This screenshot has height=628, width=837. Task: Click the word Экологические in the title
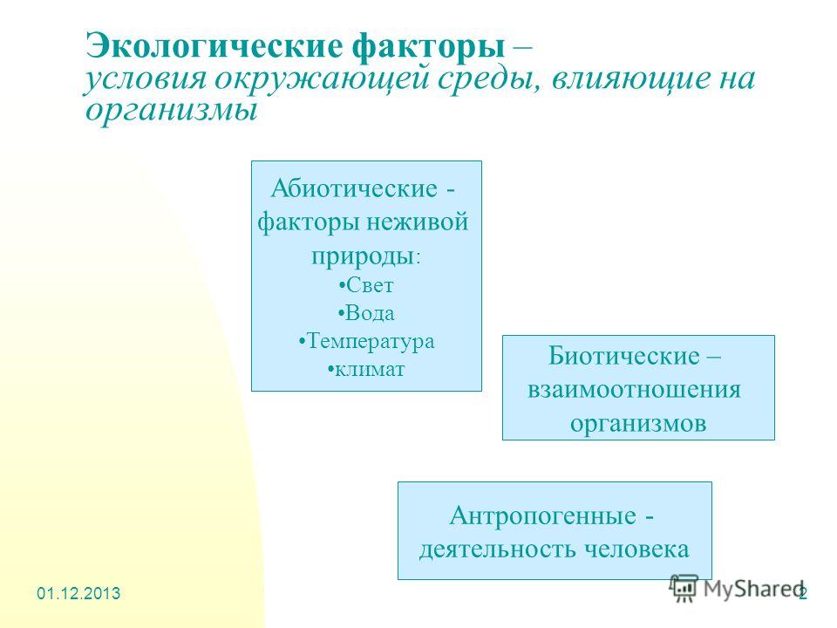click(214, 47)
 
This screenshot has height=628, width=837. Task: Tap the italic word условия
click(145, 78)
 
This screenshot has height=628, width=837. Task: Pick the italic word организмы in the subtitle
click(172, 110)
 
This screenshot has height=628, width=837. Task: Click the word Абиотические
click(354, 188)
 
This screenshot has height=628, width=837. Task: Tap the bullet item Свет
click(366, 284)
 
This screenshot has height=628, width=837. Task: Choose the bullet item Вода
click(366, 313)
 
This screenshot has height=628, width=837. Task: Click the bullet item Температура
click(367, 341)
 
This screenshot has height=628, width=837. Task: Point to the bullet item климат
click(366, 369)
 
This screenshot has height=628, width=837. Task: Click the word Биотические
click(623, 356)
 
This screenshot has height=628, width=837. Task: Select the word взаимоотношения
click(634, 389)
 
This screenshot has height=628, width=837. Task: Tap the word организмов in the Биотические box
click(638, 423)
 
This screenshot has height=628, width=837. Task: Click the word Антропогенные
click(543, 515)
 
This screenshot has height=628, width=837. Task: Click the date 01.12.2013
click(78, 593)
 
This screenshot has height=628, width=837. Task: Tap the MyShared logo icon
click(684, 589)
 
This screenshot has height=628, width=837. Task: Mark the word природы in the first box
click(363, 256)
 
